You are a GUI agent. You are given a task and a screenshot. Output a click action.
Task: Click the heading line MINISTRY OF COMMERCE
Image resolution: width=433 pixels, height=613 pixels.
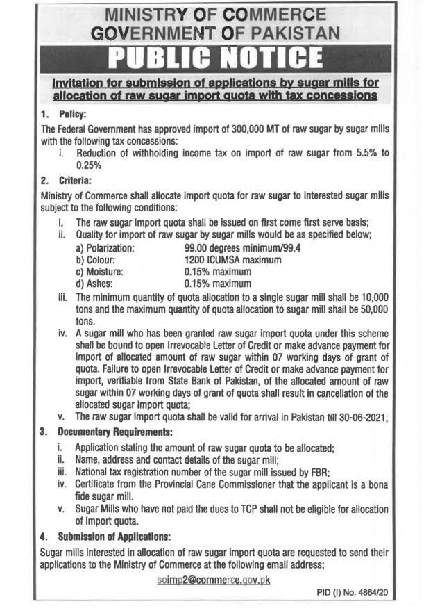[x=216, y=14]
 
